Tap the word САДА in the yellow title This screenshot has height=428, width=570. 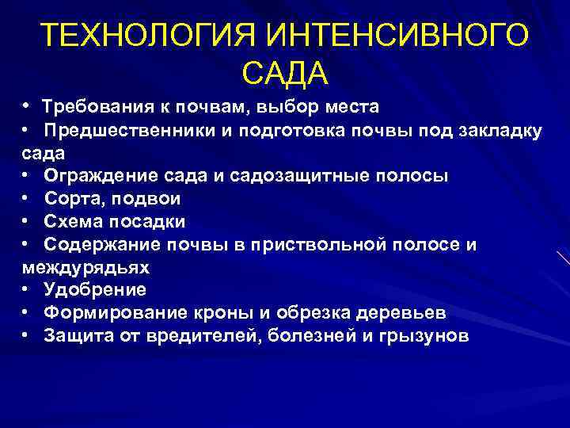coord(285,73)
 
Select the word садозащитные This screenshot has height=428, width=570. coord(294,175)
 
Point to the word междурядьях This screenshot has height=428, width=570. coord(85,267)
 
